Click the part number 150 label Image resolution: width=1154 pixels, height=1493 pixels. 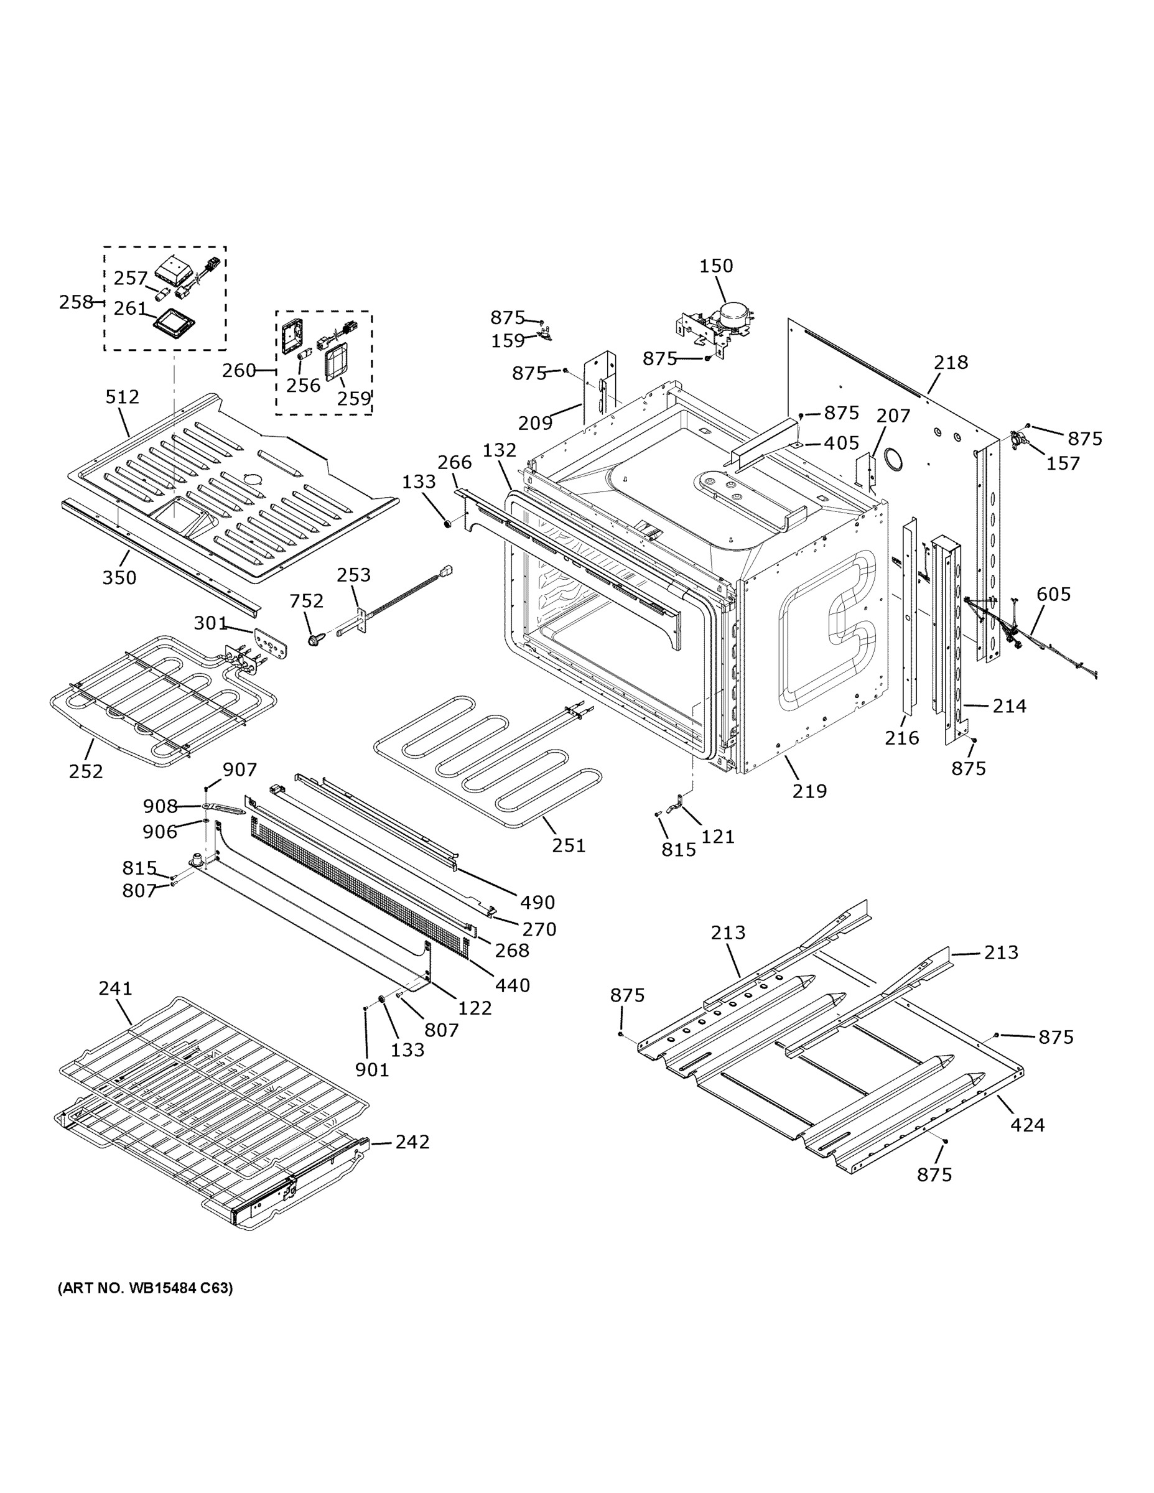[x=716, y=266]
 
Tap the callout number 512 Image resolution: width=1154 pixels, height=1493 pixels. [x=123, y=396]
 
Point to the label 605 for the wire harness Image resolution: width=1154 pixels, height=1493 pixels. [x=1053, y=594]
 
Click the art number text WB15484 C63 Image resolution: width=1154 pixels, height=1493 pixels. [x=145, y=1288]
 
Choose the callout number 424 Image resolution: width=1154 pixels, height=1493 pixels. [x=1028, y=1125]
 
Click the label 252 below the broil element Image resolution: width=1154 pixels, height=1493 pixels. [x=86, y=771]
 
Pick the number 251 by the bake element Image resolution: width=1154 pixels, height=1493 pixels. [x=569, y=845]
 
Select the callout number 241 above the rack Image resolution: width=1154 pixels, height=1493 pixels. [x=116, y=988]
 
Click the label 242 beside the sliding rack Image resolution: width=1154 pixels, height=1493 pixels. [x=412, y=1142]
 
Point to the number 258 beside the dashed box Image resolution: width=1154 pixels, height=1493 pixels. [x=76, y=302]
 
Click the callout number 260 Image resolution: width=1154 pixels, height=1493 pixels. [x=239, y=371]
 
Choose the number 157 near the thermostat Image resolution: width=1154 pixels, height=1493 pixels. [x=1063, y=463]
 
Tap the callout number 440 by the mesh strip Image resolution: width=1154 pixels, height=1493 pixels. [x=513, y=985]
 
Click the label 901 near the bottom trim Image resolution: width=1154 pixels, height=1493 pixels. [x=372, y=1070]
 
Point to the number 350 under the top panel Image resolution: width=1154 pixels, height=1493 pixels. [x=119, y=578]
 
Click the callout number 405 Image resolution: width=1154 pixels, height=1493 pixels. [x=841, y=443]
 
